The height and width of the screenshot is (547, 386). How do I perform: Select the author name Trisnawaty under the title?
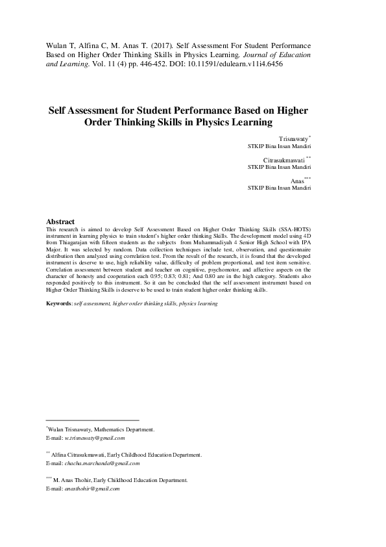pyautogui.click(x=294, y=139)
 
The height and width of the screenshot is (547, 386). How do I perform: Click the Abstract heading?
pyautogui.click(x=61, y=222)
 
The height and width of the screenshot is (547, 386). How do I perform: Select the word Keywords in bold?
pyautogui.click(x=58, y=303)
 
